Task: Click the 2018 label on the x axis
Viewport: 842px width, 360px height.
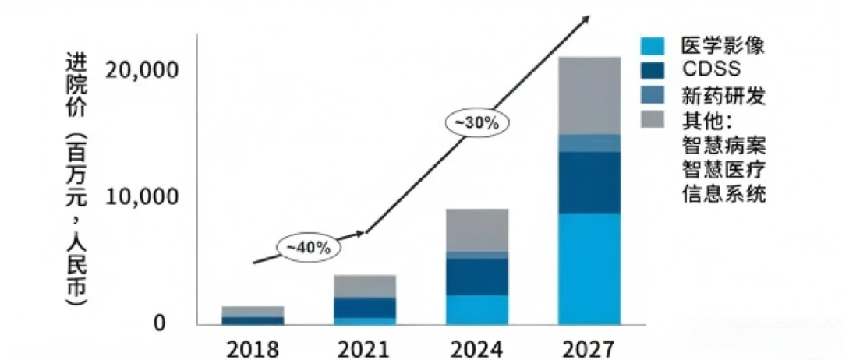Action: click(x=253, y=346)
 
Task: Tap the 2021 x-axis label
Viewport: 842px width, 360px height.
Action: click(x=365, y=346)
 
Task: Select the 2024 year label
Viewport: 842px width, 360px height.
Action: click(x=477, y=346)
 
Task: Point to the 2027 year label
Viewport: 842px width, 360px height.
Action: click(x=589, y=346)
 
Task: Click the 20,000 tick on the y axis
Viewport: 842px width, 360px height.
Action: click(x=143, y=70)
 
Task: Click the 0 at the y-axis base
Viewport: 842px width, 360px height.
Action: click(x=158, y=322)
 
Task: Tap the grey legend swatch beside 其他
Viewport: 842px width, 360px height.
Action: click(x=652, y=119)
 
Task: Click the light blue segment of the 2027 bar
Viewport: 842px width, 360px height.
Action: click(x=589, y=268)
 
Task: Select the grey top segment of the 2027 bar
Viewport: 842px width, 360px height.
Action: click(x=589, y=95)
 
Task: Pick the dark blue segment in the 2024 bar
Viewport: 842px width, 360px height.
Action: click(x=477, y=277)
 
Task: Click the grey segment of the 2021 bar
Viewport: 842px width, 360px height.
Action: click(x=365, y=286)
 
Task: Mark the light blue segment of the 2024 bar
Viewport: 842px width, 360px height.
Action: click(x=477, y=309)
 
